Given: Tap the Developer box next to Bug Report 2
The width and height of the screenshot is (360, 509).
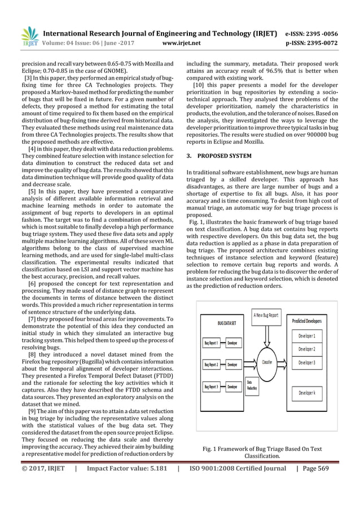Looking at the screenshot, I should (x=232, y=365).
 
